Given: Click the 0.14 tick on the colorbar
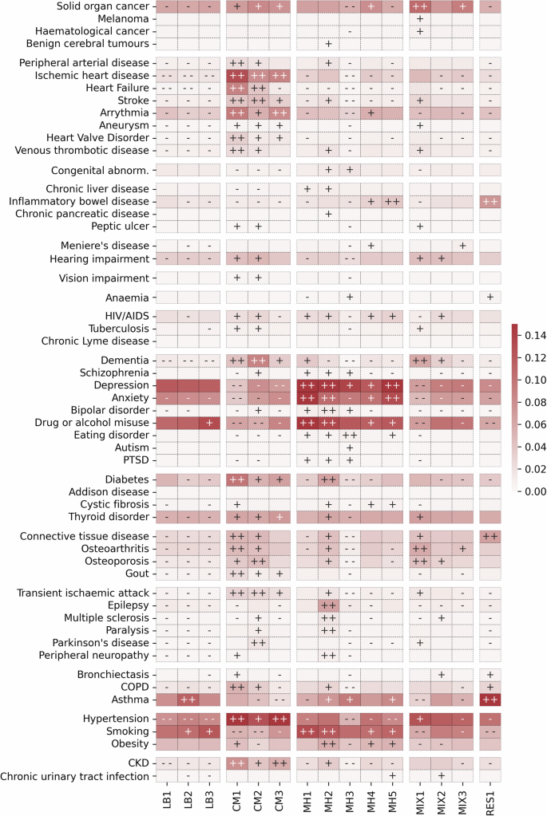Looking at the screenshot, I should click(x=536, y=337).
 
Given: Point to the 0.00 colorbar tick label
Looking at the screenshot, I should click(x=536, y=492).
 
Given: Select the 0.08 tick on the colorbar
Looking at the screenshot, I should click(x=536, y=404).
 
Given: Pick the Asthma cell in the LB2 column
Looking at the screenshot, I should click(x=187, y=700).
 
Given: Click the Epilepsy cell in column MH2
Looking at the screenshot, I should click(x=328, y=605).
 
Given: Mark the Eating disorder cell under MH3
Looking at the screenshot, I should click(x=350, y=436).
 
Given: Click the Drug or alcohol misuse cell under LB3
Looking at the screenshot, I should click(x=208, y=423).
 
